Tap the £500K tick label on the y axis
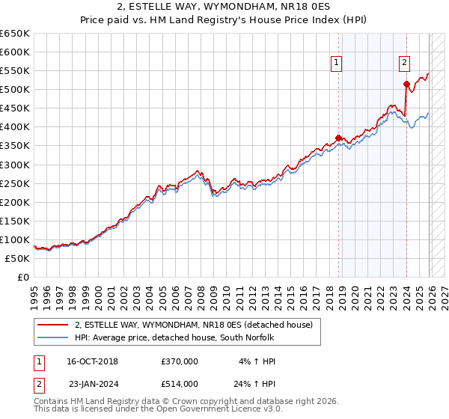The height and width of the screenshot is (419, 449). coord(15,90)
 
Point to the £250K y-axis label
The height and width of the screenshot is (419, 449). coord(15,183)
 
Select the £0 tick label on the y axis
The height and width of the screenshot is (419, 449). coord(22,278)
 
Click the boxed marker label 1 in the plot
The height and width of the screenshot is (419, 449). coord(337,64)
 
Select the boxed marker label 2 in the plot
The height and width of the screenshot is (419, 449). coord(404,64)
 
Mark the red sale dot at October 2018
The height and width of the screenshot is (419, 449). coord(338,138)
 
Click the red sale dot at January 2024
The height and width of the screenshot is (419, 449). coord(406,84)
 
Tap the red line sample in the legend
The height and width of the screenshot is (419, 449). coord(53,325)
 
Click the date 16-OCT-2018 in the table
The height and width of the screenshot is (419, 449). coord(92,361)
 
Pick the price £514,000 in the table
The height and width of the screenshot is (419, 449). coord(180,383)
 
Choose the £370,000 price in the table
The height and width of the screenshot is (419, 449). coord(180,361)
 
